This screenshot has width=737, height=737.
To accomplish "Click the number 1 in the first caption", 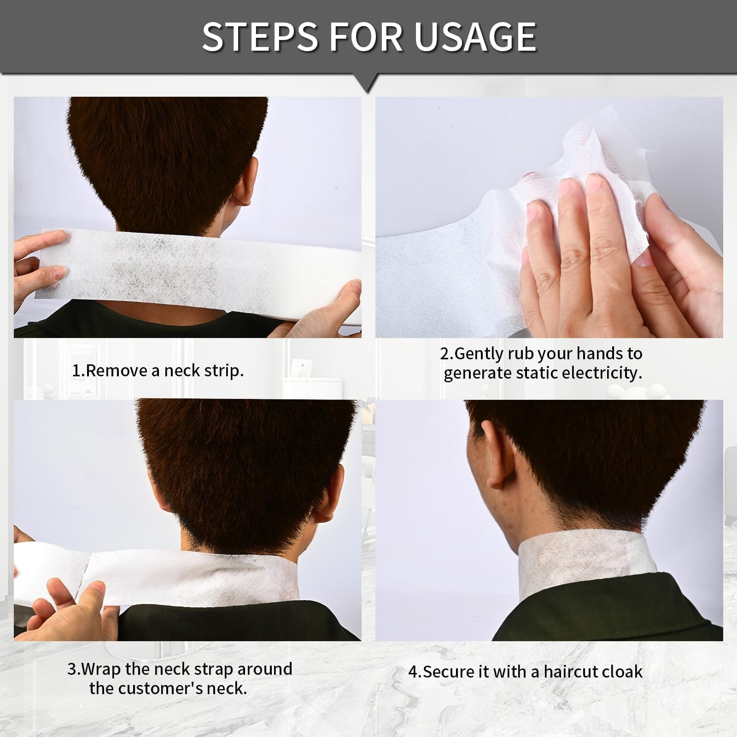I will click(x=76, y=371).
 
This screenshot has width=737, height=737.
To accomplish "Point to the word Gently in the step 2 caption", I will click(x=479, y=353).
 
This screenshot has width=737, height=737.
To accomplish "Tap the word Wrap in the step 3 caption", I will click(x=104, y=669).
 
